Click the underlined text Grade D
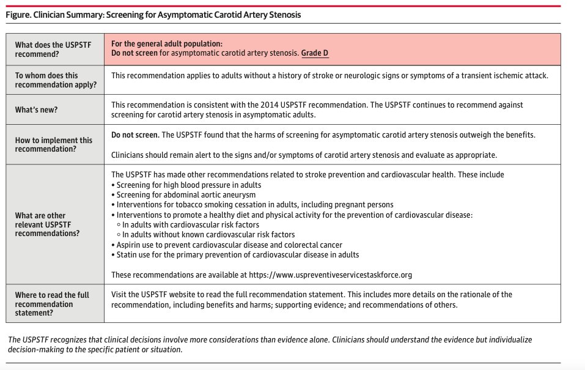tap(315, 53)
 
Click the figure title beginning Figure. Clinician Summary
tap(153, 14)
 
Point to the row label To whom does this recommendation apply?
tap(55, 80)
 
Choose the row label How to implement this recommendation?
tap(54, 144)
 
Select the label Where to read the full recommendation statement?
tap(53, 304)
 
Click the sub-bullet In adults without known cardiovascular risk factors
tap(208, 234)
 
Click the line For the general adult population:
tap(167, 43)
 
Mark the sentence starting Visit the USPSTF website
tap(312, 295)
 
